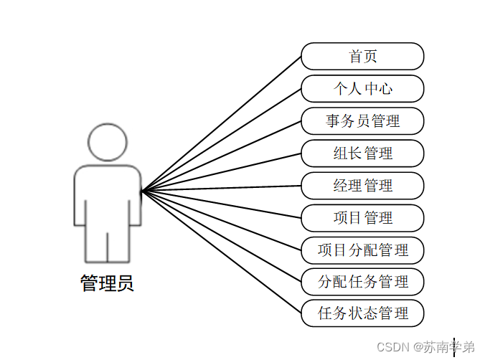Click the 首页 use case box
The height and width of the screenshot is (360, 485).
pyautogui.click(x=362, y=57)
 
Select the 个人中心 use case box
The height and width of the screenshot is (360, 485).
pyautogui.click(x=362, y=89)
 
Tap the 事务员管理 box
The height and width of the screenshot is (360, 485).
pyautogui.click(x=362, y=121)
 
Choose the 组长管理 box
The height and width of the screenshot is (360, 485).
pyautogui.click(x=362, y=153)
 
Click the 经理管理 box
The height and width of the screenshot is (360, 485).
pyautogui.click(x=362, y=186)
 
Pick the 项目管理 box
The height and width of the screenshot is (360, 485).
pyautogui.click(x=362, y=218)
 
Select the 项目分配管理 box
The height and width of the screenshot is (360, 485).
pyautogui.click(x=362, y=250)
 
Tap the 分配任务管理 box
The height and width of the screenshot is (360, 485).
pyautogui.click(x=362, y=282)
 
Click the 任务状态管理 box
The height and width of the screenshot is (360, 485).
pyautogui.click(x=362, y=313)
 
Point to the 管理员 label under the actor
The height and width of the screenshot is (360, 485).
pyautogui.click(x=107, y=284)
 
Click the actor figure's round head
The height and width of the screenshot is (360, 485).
pyautogui.click(x=107, y=142)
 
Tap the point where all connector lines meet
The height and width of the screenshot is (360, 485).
pyautogui.click(x=142, y=191)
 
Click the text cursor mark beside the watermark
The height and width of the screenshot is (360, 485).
pyautogui.click(x=454, y=347)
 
